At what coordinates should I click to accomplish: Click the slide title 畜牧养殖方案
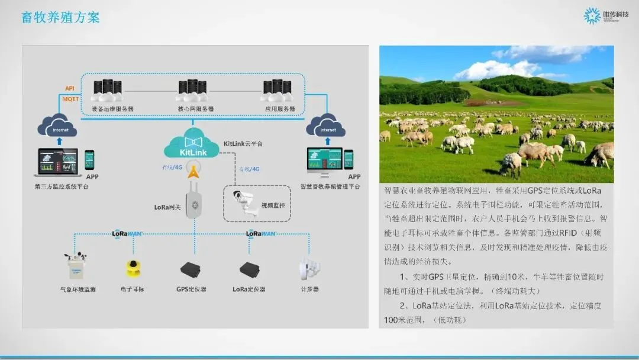click(x=61, y=17)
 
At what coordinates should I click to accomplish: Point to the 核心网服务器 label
click(x=195, y=110)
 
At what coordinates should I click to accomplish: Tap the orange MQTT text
click(x=72, y=98)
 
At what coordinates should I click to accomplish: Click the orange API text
click(x=70, y=89)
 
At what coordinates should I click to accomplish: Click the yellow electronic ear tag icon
click(x=132, y=269)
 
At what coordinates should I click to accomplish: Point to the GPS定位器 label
click(x=191, y=290)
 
